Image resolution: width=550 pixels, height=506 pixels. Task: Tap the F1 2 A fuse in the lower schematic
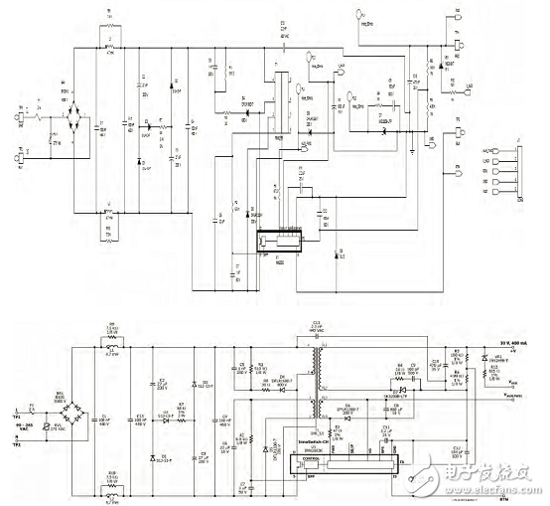click(x=33, y=408)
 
